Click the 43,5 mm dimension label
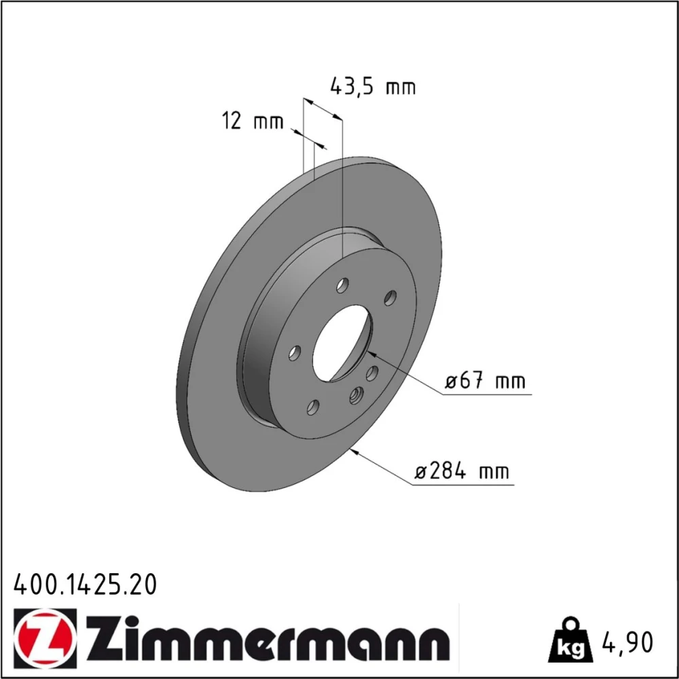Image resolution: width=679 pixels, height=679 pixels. pos(372,87)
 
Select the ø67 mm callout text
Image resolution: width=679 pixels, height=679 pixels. pos(485,381)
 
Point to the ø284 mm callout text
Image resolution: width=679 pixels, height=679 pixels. pos(462,471)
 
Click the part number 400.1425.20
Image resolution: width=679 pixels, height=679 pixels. pos(85,585)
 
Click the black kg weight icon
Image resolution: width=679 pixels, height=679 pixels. pos(570,641)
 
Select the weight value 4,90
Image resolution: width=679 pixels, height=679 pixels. pos(627,642)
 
